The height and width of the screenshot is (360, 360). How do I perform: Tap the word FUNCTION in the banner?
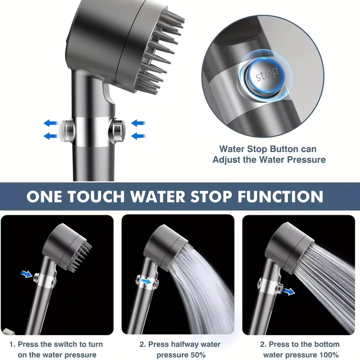coord(280,196)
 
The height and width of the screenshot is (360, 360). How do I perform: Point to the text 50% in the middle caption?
coord(196,355)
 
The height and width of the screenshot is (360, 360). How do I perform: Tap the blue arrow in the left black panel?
coord(27,274)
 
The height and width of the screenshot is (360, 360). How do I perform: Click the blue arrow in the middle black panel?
coord(146,281)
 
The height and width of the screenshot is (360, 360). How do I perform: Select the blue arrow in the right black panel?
coord(288,292)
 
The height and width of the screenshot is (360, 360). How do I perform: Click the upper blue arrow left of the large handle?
coord(50,123)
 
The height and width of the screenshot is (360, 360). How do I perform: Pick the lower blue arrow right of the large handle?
coord(138,136)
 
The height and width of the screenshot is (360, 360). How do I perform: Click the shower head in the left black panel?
coord(67,247)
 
